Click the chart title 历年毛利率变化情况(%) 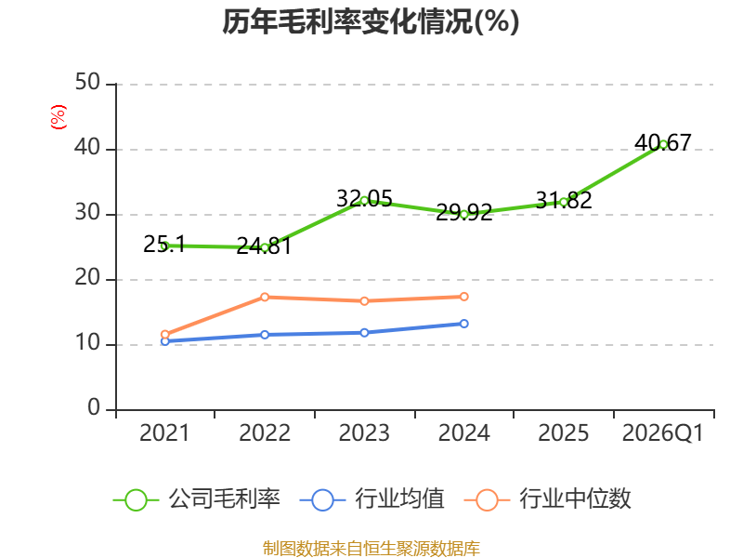point(371,21)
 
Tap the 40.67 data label point(663,142)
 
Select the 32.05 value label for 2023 point(364,198)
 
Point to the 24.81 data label point(264,246)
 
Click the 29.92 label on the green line point(463,212)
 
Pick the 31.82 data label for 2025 point(564,200)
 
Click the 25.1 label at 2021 point(164,244)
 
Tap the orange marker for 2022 point(265,297)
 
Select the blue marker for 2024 point(463,324)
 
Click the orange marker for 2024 point(463,297)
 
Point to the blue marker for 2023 point(364,333)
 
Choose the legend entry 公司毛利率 point(197,499)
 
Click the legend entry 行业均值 point(372,499)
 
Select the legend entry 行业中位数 point(548,499)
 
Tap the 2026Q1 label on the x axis point(663,432)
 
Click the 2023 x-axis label point(364,432)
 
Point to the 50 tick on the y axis point(87,83)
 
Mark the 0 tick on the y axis point(94,407)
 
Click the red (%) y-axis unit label point(59,117)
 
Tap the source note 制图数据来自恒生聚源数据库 point(371,549)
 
